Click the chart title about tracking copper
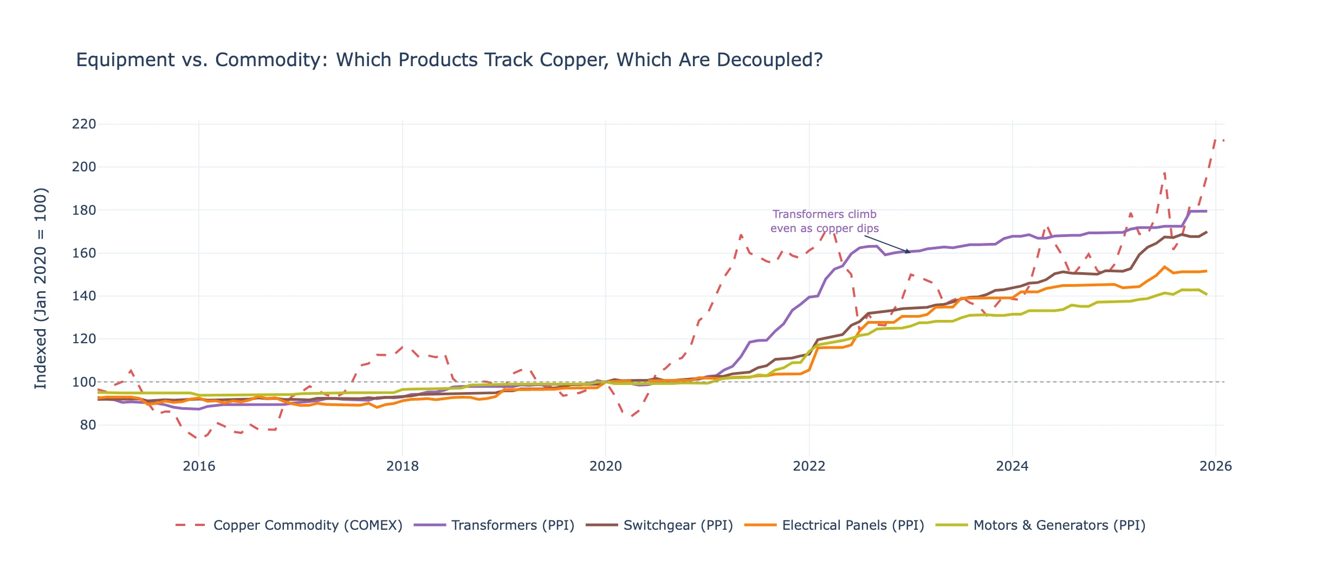(x=449, y=60)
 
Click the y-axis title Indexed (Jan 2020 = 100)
(x=41, y=288)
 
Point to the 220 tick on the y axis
(x=84, y=124)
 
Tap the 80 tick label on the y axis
(x=88, y=425)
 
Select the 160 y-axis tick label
(x=84, y=253)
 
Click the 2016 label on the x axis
(x=199, y=466)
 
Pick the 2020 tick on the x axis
(x=606, y=466)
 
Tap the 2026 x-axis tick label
(x=1215, y=466)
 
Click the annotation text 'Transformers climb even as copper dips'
(x=824, y=221)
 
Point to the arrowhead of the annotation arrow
(x=910, y=252)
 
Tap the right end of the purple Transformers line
(x=1206, y=211)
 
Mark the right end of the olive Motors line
(x=1206, y=294)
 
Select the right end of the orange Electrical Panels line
(x=1206, y=271)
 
